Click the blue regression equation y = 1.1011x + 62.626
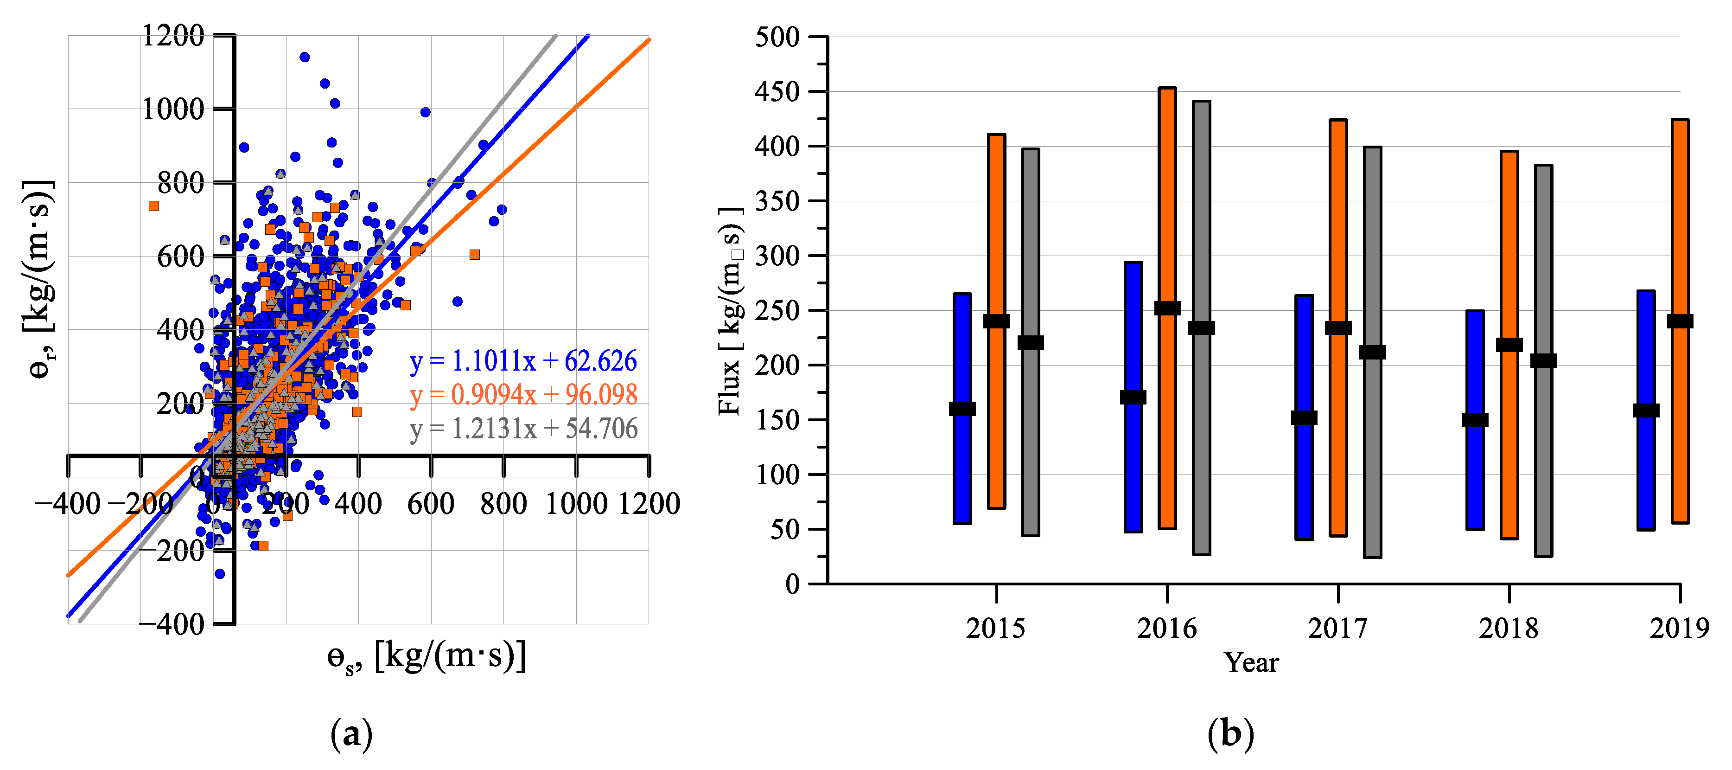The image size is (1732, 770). (523, 361)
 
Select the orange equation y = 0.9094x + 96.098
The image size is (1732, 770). (523, 395)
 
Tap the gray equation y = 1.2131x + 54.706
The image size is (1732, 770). (523, 429)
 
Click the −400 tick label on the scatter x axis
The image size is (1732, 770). (68, 504)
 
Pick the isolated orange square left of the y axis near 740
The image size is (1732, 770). (154, 206)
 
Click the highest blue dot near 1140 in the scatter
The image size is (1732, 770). (304, 57)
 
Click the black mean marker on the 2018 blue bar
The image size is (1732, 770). (1475, 420)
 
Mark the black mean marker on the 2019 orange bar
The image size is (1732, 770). (1680, 321)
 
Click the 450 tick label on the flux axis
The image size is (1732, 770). (777, 91)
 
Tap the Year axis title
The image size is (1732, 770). (1251, 663)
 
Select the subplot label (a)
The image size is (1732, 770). (351, 734)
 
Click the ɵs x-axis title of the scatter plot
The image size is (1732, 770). (426, 656)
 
